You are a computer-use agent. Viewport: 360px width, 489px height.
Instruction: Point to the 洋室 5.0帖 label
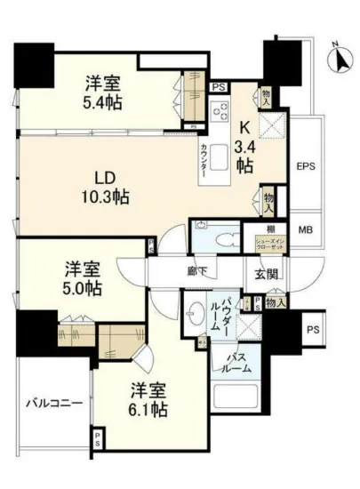[x=80, y=277]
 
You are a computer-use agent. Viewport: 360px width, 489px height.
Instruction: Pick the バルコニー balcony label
[x=53, y=403]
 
